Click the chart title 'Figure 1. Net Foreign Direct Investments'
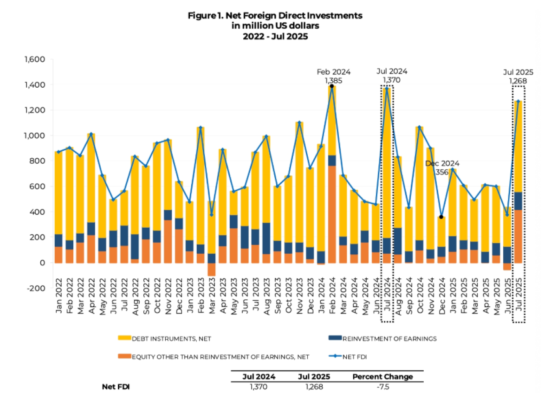(x=275, y=16)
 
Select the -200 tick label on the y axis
(x=35, y=288)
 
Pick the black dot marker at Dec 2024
(x=441, y=217)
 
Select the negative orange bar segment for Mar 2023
(x=212, y=270)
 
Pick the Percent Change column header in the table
(x=383, y=377)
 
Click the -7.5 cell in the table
(x=382, y=387)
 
